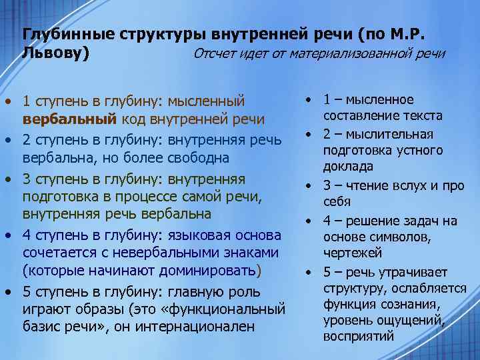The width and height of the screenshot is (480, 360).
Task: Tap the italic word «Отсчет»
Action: coord(215,53)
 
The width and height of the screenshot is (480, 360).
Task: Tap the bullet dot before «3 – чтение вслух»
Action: coord(310,185)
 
